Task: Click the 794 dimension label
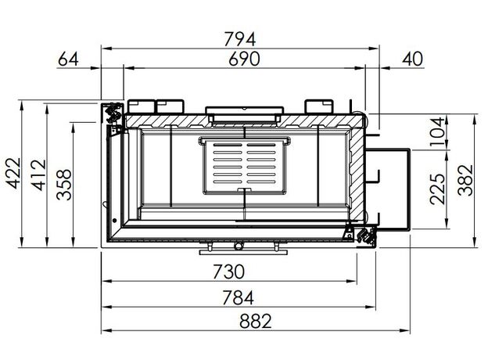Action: (x=239, y=39)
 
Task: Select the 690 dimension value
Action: (x=244, y=59)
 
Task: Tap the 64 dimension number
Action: (x=68, y=59)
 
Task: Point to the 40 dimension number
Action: (x=413, y=59)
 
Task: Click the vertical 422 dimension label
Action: (x=14, y=173)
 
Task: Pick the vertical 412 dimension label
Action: (x=39, y=175)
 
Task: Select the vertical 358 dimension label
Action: (x=64, y=185)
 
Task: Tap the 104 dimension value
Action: (x=436, y=131)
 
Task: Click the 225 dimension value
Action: (x=437, y=189)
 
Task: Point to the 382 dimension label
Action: (x=465, y=180)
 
